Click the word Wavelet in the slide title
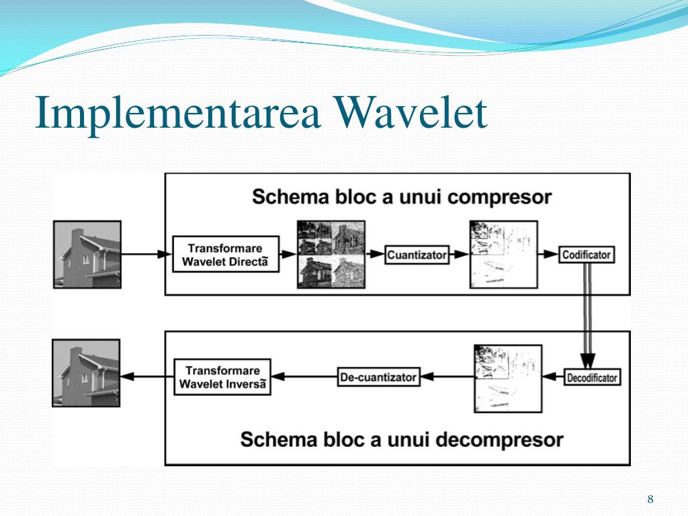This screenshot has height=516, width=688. pos(411,114)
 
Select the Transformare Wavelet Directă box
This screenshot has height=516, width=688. pos(225,254)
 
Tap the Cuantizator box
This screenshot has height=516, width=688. pos(417,255)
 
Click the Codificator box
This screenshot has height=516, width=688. pos(587,255)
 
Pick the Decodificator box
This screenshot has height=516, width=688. pos(591,378)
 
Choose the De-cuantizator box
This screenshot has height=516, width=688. pos(378,377)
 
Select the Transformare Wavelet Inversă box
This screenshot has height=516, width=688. pos(222,377)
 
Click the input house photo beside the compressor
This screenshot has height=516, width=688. pos(87,255)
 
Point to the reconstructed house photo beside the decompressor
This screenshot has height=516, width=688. pos(86,373)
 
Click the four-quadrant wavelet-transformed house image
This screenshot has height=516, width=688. pos(331,255)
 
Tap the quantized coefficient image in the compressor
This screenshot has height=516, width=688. pos(503,255)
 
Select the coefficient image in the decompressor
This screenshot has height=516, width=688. pos(507,378)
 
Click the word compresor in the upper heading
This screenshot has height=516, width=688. pos(499,198)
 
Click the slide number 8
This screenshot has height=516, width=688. pos(650,499)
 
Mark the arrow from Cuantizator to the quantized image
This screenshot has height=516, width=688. pos(459,255)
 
